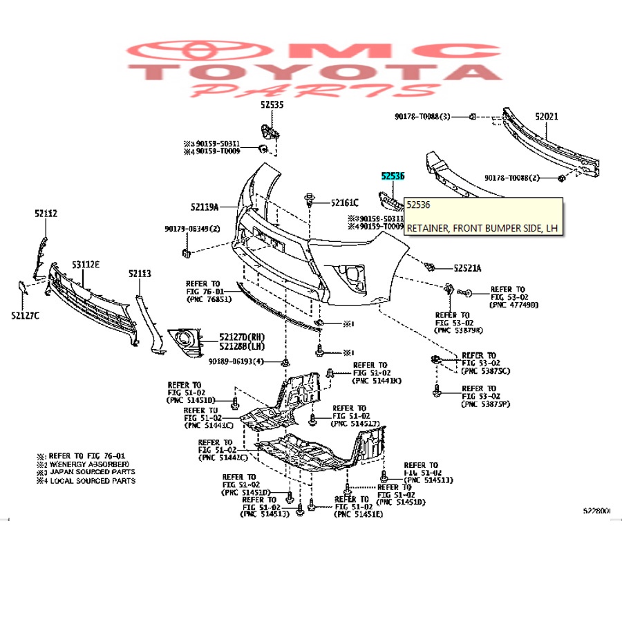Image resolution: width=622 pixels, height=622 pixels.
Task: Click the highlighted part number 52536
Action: [392, 177]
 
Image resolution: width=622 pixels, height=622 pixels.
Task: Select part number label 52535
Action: [272, 104]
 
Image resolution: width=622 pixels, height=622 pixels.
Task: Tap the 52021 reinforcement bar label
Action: [546, 117]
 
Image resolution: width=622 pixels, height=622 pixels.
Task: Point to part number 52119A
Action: [205, 207]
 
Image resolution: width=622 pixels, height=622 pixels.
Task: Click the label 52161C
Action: [344, 202]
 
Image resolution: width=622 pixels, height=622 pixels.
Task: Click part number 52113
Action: [139, 274]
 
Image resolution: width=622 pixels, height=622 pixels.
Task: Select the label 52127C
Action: [25, 316]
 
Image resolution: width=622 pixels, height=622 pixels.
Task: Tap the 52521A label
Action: [468, 267]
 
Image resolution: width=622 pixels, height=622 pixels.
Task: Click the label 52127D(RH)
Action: [242, 336]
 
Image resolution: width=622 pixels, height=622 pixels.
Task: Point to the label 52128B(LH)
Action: [242, 346]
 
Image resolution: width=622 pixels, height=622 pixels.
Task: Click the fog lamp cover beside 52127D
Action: [185, 338]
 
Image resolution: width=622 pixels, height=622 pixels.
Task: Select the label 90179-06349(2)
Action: [192, 229]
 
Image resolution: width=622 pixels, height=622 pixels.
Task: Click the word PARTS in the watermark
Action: [314, 91]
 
